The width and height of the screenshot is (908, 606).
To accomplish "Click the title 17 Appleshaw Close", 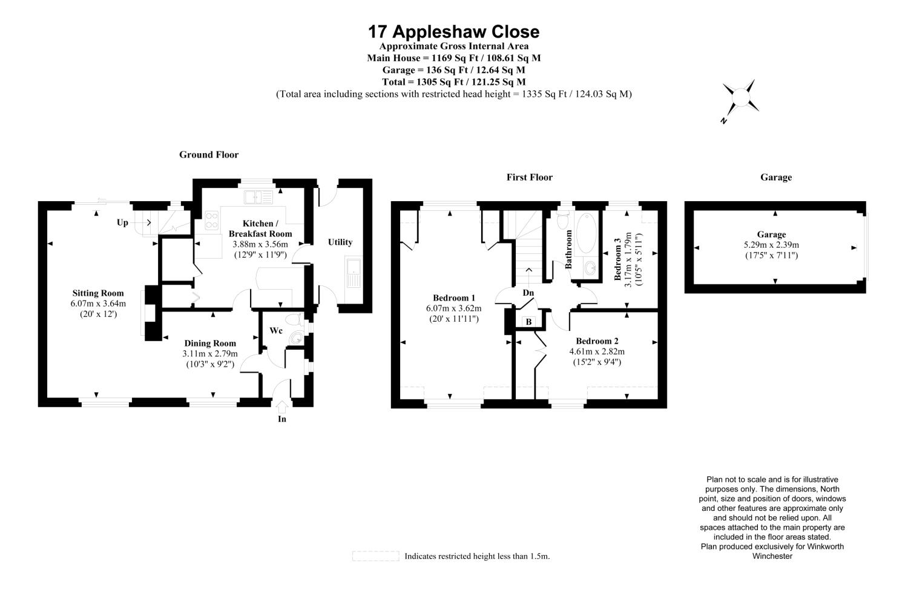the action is (453, 32).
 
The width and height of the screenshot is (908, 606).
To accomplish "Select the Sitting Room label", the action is (98, 293).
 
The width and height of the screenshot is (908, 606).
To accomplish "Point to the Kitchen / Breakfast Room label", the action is (260, 228).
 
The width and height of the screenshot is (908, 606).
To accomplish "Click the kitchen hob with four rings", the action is (212, 221).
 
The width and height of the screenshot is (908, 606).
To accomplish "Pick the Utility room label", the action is (340, 242).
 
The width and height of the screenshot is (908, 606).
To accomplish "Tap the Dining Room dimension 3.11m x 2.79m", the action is (210, 353).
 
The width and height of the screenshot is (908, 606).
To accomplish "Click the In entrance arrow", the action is (281, 407).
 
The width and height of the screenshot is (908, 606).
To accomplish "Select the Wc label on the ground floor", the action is (276, 330).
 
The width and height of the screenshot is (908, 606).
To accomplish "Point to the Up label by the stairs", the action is (122, 222).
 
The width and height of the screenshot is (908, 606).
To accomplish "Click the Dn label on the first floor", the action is (528, 293).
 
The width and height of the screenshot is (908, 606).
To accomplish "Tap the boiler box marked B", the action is (528, 321).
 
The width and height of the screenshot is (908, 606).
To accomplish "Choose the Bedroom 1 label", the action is (454, 298).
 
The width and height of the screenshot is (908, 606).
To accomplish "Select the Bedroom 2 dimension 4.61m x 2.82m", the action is (597, 351).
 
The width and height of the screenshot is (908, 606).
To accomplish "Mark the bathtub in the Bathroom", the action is (586, 233).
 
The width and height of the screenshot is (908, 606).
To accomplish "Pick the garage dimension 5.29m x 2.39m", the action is (771, 245).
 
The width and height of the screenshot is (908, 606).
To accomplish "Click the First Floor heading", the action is (530, 177).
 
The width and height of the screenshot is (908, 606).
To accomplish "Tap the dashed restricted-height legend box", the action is (376, 556).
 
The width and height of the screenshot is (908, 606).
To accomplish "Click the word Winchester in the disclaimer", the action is (772, 556).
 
